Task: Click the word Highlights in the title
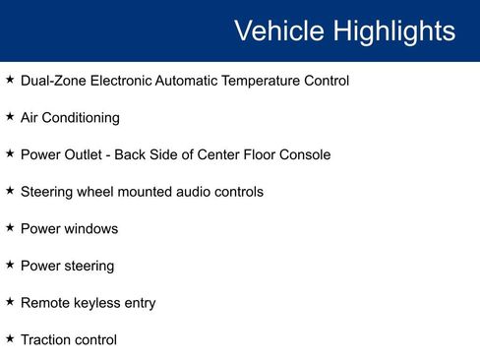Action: pyautogui.click(x=393, y=30)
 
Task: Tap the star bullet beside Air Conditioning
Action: pyautogui.click(x=10, y=116)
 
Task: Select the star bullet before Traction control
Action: pyautogui.click(x=10, y=338)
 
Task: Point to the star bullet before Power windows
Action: pyautogui.click(x=10, y=227)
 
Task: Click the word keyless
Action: pyautogui.click(x=98, y=303)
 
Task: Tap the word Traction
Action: pyautogui.click(x=46, y=340)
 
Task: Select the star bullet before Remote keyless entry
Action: pyautogui.click(x=10, y=301)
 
